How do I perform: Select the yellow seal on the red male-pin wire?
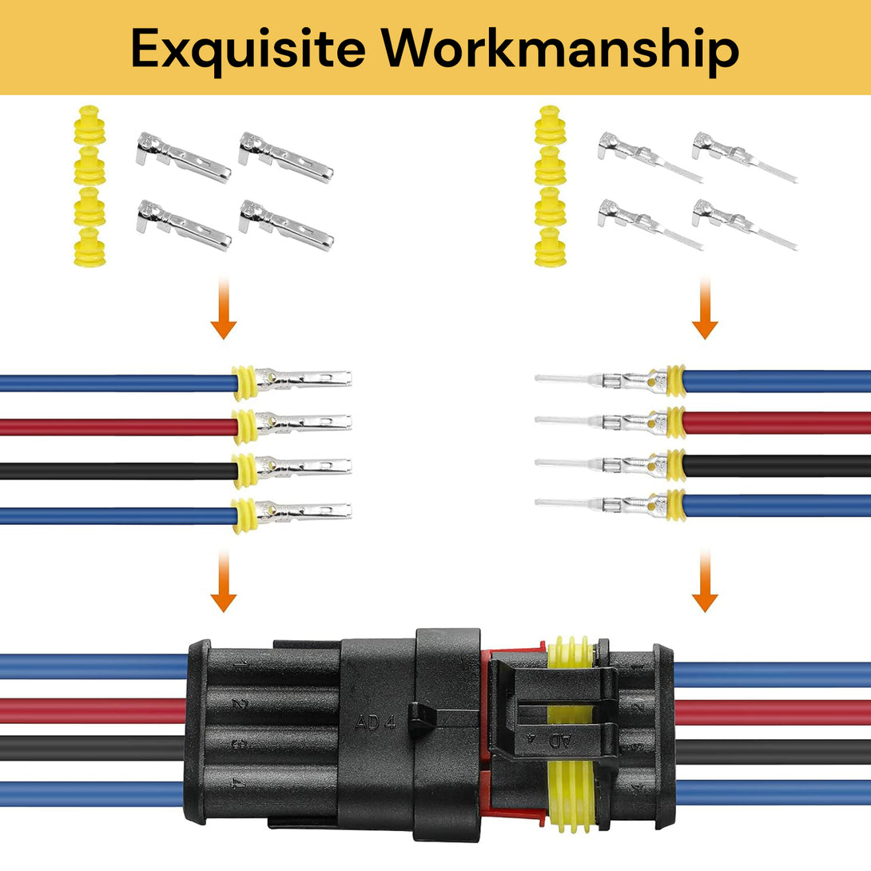676,422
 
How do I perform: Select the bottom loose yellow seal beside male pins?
550,248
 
